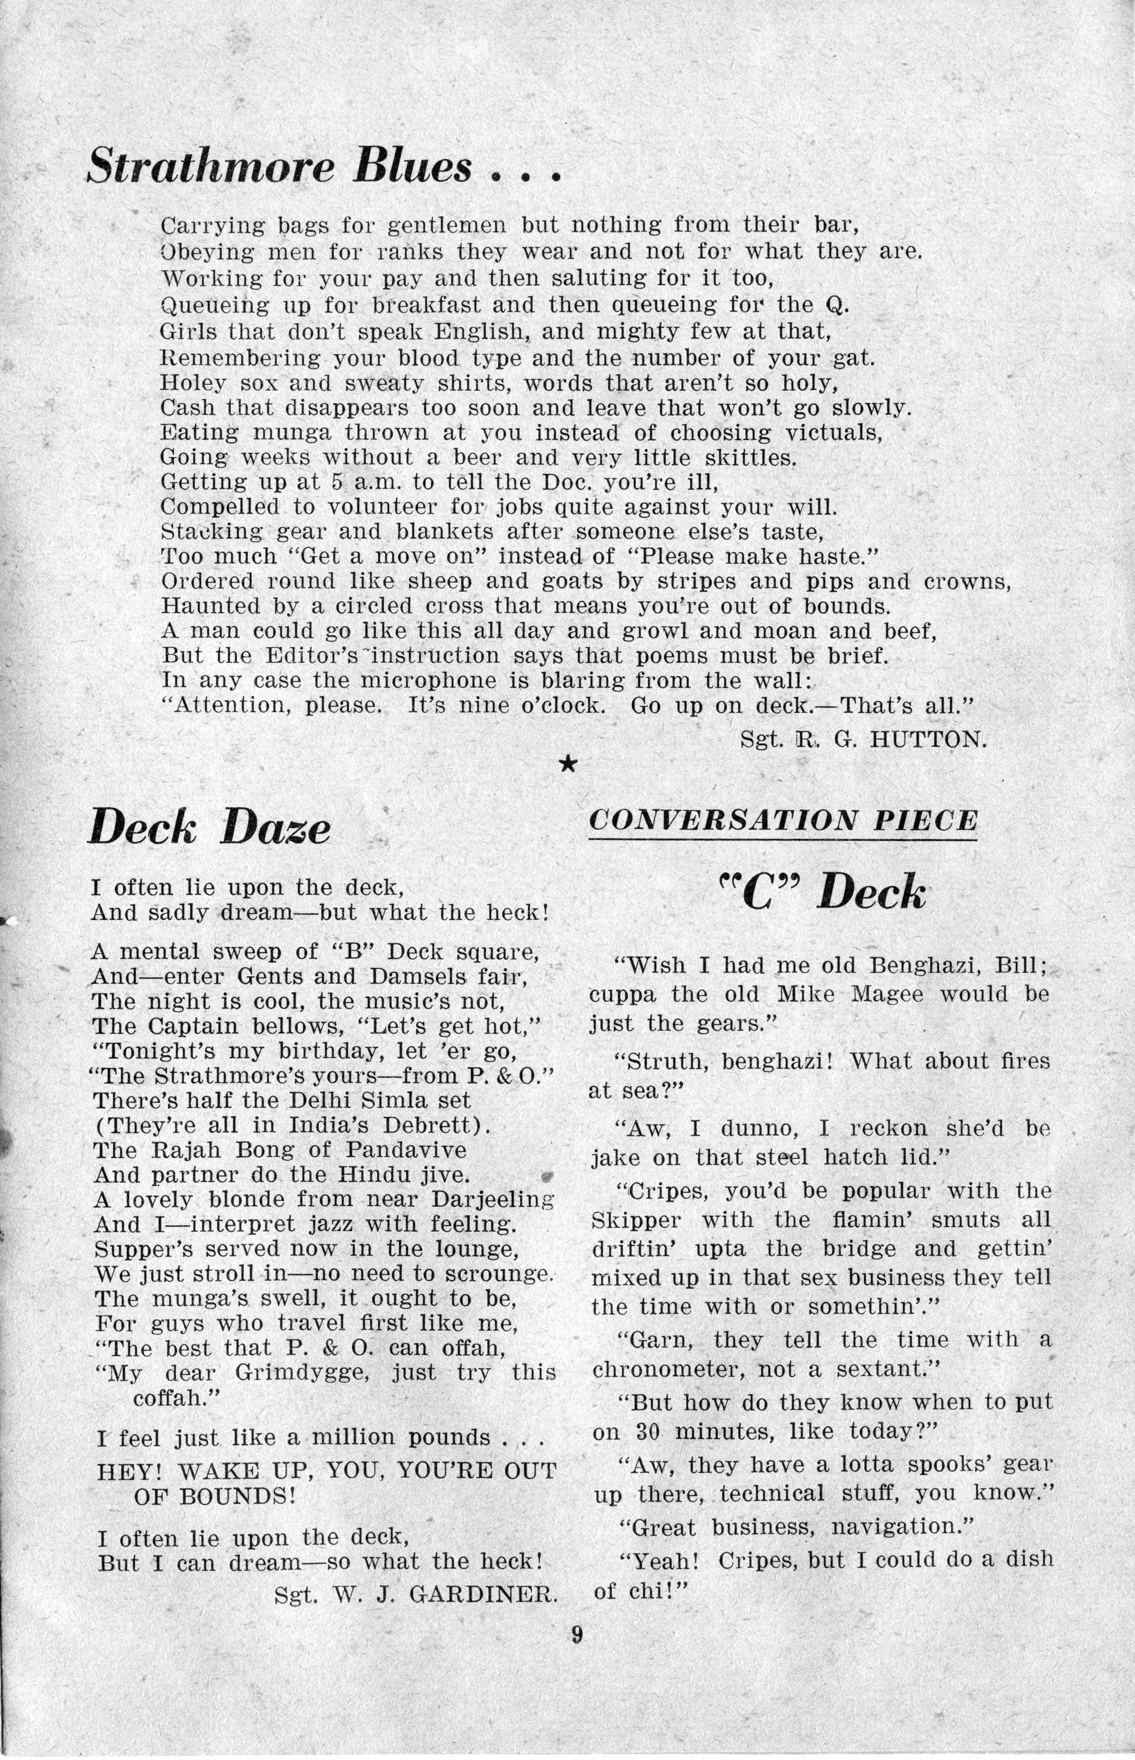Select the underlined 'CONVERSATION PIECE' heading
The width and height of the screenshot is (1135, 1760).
783,820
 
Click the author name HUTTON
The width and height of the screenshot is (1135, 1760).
928,739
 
